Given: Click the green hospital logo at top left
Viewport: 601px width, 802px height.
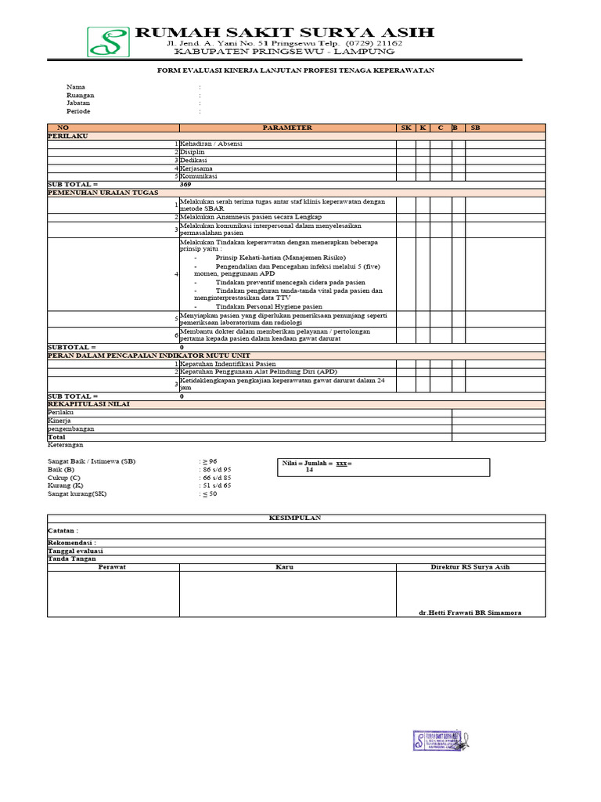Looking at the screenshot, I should (x=109, y=42).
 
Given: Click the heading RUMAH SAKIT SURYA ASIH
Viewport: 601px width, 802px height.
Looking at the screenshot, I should (x=285, y=32).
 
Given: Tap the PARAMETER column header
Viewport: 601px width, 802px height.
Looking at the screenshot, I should (x=287, y=128).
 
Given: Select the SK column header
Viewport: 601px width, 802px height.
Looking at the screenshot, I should (x=405, y=128).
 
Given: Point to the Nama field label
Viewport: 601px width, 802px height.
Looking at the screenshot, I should (x=76, y=87).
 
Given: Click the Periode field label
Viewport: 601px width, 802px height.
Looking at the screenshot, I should (x=78, y=111).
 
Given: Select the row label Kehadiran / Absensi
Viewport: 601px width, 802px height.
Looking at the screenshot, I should (x=211, y=144).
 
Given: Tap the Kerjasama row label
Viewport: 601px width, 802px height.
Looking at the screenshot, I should (x=196, y=168).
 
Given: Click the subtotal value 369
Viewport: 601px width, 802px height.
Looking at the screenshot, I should (x=185, y=184).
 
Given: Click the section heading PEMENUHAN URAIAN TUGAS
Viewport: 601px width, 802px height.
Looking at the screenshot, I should (x=103, y=192).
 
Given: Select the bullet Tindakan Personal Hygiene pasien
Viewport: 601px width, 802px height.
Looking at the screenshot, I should (x=268, y=307).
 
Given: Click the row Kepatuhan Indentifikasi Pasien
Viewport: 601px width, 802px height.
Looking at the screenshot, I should (x=228, y=363).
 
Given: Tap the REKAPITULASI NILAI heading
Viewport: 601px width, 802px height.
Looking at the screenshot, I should (x=88, y=404).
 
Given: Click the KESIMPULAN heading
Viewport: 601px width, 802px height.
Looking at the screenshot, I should (x=296, y=518).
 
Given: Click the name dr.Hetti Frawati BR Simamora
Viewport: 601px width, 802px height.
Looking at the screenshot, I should (x=470, y=612).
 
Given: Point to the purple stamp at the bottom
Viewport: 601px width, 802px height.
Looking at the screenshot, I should (x=441, y=741).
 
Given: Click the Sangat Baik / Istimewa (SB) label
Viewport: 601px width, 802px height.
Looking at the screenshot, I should (x=92, y=461).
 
